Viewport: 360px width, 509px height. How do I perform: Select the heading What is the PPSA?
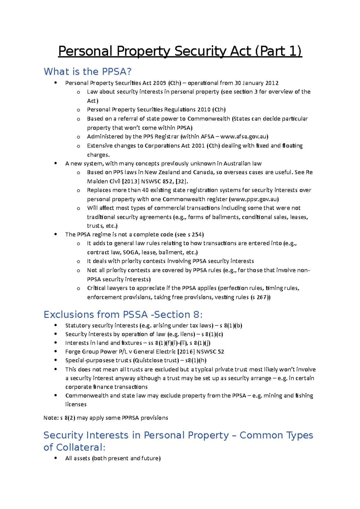(88, 72)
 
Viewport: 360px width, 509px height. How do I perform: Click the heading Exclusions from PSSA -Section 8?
(123, 314)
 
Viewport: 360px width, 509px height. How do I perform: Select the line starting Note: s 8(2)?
(106, 418)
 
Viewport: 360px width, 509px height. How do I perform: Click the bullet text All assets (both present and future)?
(113, 458)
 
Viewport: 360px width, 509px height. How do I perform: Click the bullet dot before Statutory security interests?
(55, 325)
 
